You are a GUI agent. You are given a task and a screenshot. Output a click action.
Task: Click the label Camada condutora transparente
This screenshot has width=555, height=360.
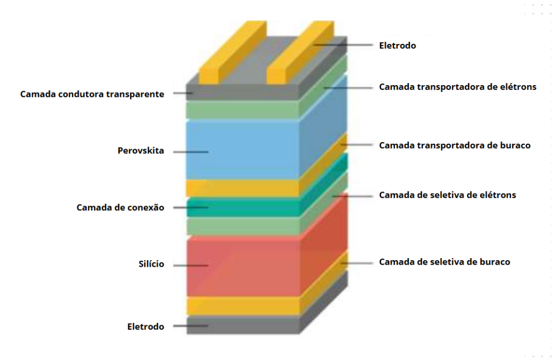92,94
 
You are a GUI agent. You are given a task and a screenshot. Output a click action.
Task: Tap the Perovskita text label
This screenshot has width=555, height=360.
141,151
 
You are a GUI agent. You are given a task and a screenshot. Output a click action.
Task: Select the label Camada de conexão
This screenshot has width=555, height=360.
120,208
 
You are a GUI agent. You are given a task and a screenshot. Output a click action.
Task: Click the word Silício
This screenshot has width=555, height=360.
151,265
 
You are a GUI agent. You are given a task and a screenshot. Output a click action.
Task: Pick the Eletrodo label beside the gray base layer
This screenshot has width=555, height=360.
146,326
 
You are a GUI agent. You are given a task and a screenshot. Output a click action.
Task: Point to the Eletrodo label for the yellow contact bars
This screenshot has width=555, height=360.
397,46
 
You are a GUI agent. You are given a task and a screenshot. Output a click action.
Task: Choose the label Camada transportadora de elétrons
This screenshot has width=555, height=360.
457,87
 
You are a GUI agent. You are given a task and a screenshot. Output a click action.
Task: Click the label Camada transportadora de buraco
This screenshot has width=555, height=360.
454,145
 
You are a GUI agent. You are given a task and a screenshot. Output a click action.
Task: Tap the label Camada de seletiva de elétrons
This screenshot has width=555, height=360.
447,195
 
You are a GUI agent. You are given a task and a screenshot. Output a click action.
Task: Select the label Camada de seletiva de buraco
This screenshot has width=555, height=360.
444,262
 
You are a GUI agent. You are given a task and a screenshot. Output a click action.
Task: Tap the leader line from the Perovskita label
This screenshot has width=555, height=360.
190,152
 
